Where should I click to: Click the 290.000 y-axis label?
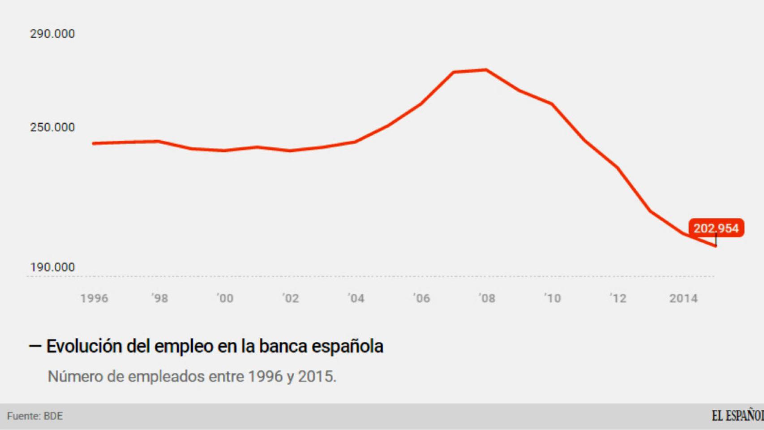click(x=52, y=34)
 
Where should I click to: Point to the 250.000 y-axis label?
click(x=52, y=128)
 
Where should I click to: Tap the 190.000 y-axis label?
click(x=52, y=267)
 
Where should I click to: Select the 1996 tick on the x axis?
click(x=94, y=298)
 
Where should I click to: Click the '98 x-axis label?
click(x=159, y=298)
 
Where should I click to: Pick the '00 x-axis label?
click(x=225, y=298)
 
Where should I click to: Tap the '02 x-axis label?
click(x=290, y=298)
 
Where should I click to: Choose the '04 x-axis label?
click(x=356, y=298)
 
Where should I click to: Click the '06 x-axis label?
click(x=421, y=298)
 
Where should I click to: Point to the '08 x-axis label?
click(x=487, y=298)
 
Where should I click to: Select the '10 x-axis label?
click(x=552, y=298)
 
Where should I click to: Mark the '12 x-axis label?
click(x=618, y=298)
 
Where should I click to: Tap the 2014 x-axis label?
click(x=683, y=298)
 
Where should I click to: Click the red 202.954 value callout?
click(x=716, y=228)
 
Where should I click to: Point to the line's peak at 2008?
click(x=486, y=70)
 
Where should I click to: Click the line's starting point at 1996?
click(x=94, y=143)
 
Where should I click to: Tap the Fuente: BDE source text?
click(x=35, y=416)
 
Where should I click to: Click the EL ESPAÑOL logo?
click(x=737, y=416)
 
